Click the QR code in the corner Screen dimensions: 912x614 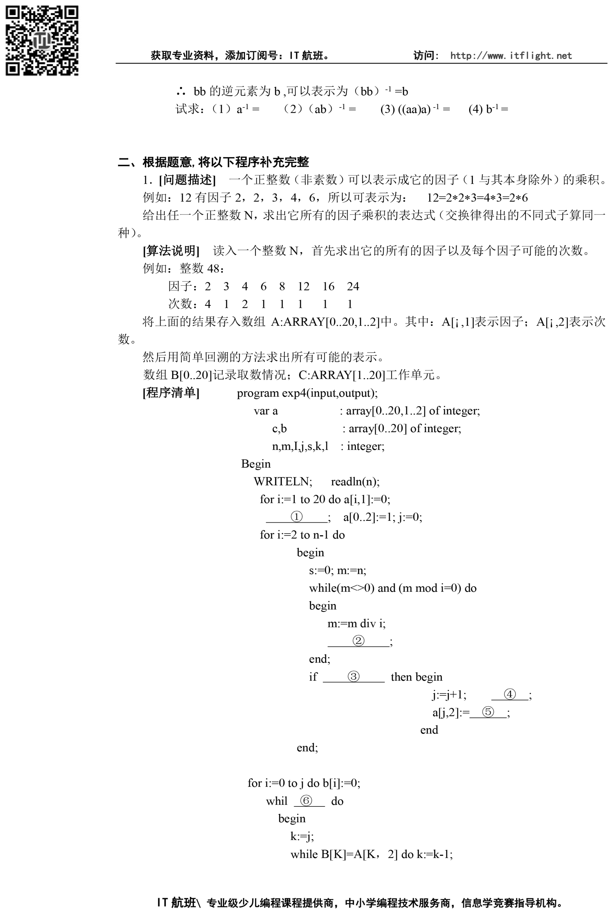tap(42, 40)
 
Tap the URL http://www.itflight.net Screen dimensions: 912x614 tap(511, 56)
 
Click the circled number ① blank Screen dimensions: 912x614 tap(296, 517)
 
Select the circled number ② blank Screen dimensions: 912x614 tap(358, 641)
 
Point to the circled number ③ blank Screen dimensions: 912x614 tap(353, 676)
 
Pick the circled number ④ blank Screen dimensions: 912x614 tap(509, 694)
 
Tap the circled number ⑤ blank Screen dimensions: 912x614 tap(488, 711)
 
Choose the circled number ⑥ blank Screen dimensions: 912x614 tap(306, 800)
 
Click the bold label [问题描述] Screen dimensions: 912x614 tap(187, 180)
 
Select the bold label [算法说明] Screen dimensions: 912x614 tap(171, 250)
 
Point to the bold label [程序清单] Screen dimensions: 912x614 tap(171, 393)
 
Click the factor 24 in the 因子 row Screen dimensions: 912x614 tap(353, 286)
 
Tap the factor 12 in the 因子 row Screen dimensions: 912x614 tap(303, 286)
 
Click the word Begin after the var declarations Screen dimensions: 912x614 tap(256, 464)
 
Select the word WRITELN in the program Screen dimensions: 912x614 tap(283, 481)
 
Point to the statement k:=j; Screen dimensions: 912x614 tap(302, 836)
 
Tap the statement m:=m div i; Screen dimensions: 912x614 tap(356, 623)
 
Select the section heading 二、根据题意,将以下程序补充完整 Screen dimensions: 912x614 tap(213, 162)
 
